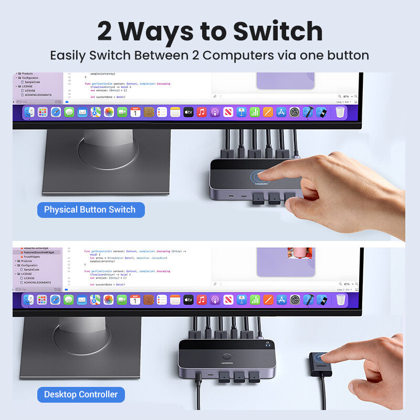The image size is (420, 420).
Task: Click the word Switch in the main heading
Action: [278, 31]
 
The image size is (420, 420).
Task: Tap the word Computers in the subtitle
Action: [245, 55]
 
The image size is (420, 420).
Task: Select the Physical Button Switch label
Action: [90, 209]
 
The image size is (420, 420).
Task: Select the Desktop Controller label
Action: [81, 394]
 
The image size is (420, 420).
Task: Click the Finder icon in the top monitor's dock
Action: [29, 112]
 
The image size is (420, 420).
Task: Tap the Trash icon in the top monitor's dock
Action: [340, 112]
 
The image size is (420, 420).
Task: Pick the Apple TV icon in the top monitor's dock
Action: [188, 112]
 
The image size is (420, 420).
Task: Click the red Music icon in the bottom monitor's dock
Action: [202, 300]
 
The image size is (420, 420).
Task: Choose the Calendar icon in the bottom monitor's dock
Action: [135, 300]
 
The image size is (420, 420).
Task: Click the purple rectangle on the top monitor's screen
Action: [286, 80]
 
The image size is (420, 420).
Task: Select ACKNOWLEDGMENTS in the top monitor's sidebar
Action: [38, 95]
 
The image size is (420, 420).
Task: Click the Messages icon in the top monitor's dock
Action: [69, 112]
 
